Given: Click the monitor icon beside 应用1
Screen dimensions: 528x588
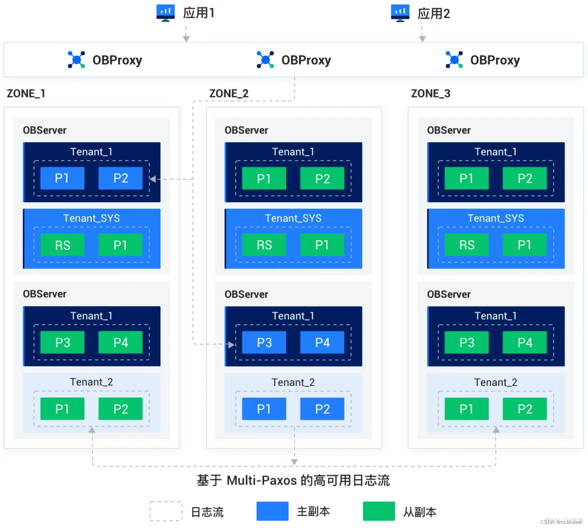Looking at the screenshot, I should tap(165, 12).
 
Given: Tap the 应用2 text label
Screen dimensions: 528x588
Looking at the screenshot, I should tap(434, 13).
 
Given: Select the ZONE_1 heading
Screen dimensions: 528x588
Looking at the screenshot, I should tap(26, 93).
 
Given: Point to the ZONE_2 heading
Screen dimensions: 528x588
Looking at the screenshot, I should tap(229, 93).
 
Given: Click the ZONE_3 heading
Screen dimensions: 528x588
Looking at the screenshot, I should tap(431, 93).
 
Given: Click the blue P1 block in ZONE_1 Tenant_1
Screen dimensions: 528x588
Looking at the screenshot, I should tap(62, 178).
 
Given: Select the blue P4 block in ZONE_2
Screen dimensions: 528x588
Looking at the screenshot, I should tap(322, 342).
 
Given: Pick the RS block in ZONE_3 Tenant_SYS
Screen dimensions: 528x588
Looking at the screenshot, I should tap(467, 245).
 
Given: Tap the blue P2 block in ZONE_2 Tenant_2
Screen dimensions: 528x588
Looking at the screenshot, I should tap(322, 409).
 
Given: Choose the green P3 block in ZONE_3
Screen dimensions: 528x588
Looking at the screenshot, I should tap(467, 342).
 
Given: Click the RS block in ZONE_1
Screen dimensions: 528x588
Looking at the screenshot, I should tap(63, 245).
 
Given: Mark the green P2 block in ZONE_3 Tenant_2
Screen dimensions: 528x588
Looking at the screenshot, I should tap(525, 409).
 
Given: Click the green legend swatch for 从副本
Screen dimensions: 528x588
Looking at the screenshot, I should tap(379, 511).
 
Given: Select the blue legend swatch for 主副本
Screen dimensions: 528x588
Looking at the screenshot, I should tap(272, 511).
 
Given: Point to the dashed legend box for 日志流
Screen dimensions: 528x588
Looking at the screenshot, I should tap(166, 511).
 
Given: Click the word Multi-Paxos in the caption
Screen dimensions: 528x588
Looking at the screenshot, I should tap(262, 480).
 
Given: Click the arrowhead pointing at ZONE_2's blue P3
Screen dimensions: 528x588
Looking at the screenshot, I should tap(231, 344).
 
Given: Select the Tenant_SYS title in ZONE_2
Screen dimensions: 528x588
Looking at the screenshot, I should tap(293, 218).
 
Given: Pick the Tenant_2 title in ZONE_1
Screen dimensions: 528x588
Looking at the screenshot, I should tap(91, 382).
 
